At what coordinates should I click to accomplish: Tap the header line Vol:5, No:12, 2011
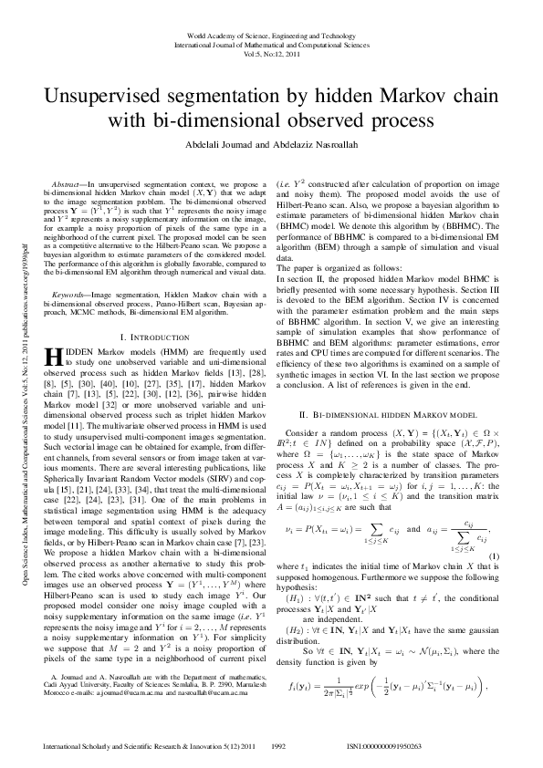coord(271,53)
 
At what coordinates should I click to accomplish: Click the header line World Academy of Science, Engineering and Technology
coord(271,34)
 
